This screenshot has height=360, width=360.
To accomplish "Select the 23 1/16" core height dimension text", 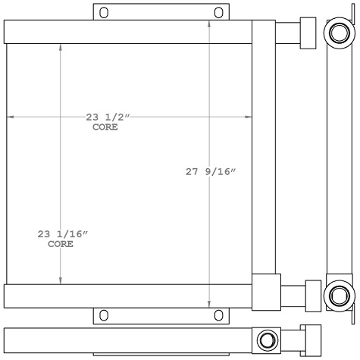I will (x=62, y=235).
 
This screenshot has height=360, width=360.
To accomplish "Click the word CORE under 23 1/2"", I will (x=105, y=127).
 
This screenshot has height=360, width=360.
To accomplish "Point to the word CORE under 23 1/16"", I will (x=61, y=245).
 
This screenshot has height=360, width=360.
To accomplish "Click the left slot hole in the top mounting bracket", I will (x=104, y=12).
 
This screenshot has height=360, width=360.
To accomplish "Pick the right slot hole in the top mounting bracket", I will (x=218, y=12).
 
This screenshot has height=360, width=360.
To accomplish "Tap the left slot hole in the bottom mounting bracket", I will (x=104, y=315).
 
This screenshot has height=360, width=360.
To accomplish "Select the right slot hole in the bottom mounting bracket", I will (x=218, y=315).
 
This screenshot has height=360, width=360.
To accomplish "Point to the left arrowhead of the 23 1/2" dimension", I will (x=10, y=117).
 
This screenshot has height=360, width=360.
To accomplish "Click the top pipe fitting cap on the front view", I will (x=308, y=33).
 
